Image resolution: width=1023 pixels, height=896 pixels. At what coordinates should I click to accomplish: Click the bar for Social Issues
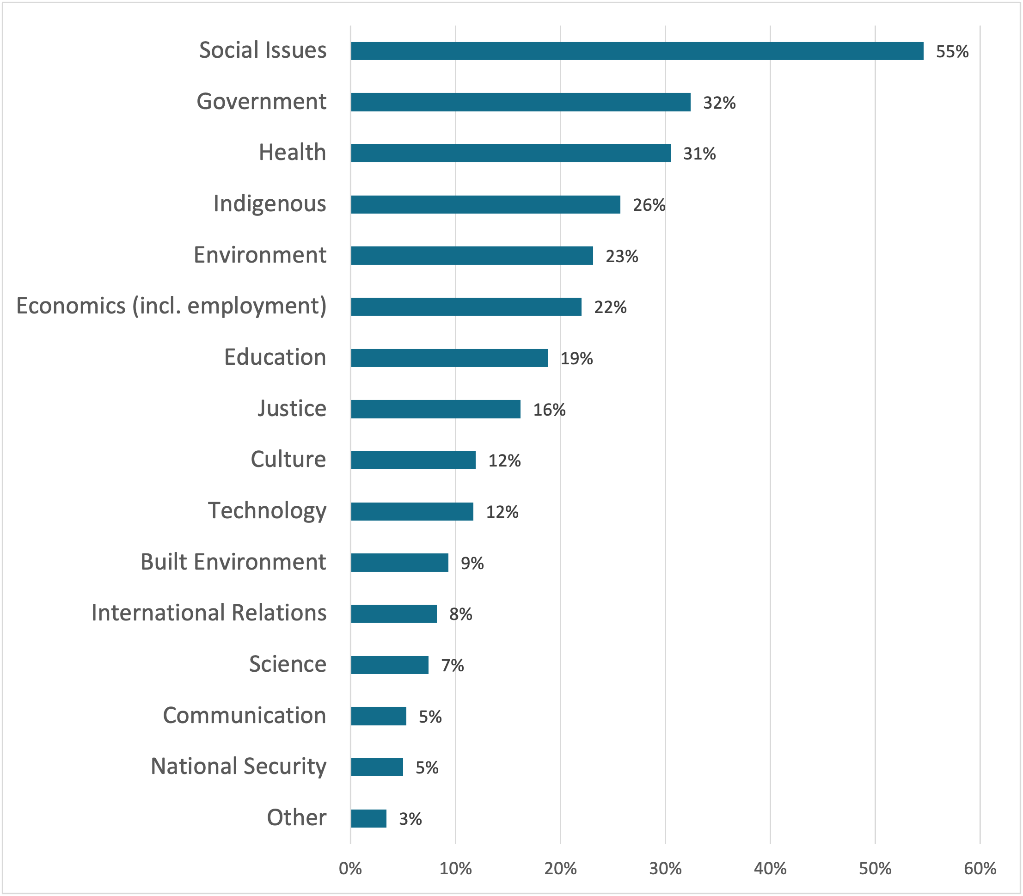point(637,51)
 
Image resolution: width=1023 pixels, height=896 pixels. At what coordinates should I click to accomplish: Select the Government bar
point(520,102)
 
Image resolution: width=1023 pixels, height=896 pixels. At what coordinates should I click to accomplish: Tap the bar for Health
point(510,153)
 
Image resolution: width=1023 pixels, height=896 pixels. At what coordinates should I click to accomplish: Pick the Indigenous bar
point(485,204)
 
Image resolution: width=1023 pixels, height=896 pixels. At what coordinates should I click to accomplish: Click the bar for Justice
point(435,409)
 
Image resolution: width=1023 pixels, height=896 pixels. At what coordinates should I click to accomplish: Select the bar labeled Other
point(368,818)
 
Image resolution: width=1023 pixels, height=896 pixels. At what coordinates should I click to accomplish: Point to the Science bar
point(390,665)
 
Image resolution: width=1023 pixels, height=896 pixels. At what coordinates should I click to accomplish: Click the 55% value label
point(952,52)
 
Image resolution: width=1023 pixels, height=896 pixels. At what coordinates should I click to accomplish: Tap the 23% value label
point(621,257)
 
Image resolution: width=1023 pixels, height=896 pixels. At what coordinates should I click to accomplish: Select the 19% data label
point(576,358)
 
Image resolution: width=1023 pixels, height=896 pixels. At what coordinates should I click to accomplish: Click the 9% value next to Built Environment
point(472,564)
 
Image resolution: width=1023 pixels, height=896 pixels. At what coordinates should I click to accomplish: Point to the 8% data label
point(460,614)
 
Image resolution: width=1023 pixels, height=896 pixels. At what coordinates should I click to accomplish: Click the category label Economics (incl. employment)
point(172,306)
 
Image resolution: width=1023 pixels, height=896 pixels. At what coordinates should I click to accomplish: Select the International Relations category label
point(208,613)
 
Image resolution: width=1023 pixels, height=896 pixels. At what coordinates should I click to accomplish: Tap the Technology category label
point(267,511)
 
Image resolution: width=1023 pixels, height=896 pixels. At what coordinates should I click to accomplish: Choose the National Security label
point(239,767)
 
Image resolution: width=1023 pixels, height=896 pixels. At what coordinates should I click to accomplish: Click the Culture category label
point(288,460)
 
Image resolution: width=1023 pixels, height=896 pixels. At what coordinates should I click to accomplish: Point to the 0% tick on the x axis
point(350,869)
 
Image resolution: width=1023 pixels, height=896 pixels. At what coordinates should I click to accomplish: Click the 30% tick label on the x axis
point(665,869)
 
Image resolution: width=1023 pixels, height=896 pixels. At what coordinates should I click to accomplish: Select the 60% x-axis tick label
point(980,869)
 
